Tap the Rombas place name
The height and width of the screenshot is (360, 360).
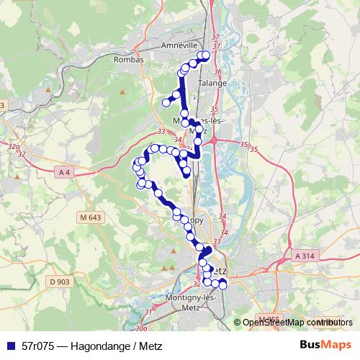pos(129,60)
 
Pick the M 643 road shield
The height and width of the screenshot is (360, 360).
pos(91,217)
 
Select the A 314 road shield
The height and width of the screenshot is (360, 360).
pos(305,256)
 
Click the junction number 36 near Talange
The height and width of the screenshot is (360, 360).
pos(218,71)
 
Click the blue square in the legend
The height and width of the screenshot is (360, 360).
pos(11,344)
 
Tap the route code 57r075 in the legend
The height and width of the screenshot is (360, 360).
pos(39,344)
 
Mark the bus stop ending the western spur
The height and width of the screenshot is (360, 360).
pos(166,103)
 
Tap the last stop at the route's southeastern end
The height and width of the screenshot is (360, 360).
pos(222,285)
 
